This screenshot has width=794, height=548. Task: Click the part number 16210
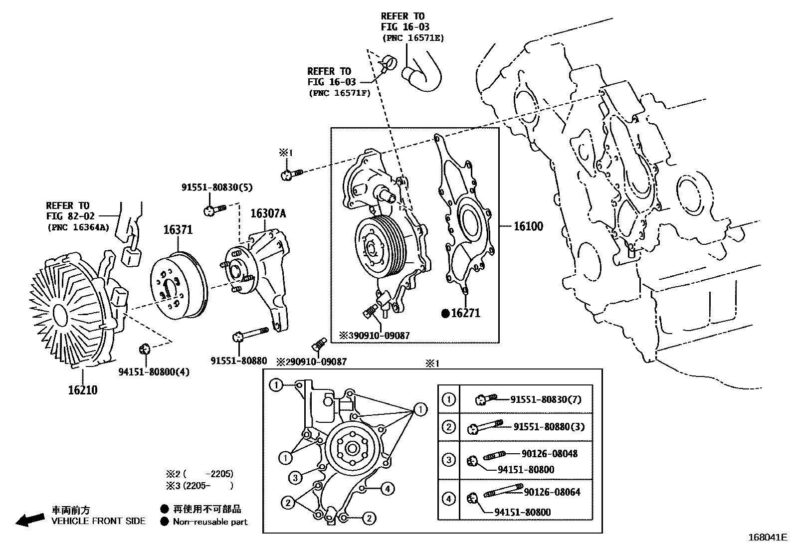83,390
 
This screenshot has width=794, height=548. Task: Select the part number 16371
178,230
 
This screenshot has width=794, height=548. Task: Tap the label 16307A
268,214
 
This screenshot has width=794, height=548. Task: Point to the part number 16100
528,226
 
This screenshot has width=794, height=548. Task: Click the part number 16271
465,313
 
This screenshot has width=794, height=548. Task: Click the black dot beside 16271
445,313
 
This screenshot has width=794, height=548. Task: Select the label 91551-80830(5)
217,187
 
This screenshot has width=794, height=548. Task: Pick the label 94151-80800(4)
154,372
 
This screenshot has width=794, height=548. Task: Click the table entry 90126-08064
552,492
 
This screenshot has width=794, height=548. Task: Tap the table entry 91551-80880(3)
549,427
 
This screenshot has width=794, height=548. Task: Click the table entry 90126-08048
550,454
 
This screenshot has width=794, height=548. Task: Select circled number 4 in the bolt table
448,498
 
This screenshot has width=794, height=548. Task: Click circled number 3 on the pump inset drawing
295,478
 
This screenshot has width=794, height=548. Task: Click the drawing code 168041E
767,538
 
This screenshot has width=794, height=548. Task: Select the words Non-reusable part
210,522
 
